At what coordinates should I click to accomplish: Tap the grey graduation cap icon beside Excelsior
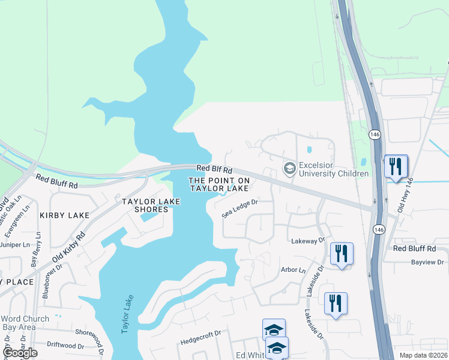290,169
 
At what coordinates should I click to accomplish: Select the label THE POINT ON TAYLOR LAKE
218,184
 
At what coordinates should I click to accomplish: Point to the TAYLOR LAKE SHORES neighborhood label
151,205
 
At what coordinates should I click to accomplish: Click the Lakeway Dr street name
307,240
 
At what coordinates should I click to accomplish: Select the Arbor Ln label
293,270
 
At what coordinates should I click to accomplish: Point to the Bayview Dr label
427,262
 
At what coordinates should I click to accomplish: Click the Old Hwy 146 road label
406,196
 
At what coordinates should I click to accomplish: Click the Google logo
20,353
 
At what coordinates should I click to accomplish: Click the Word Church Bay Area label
23,322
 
